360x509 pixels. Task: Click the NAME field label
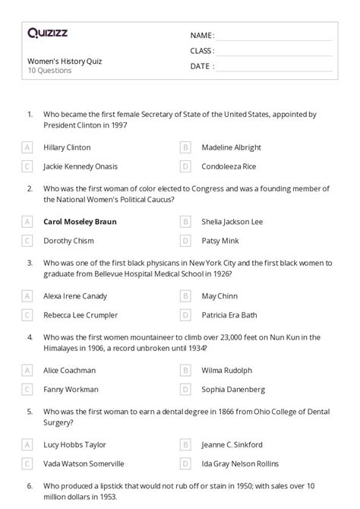tap(201, 36)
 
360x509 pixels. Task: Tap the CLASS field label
tap(202, 51)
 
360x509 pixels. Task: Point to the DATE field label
tap(201, 66)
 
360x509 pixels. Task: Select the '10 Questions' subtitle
tap(49, 71)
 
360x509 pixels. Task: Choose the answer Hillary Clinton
tap(67, 147)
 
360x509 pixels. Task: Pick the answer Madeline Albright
tap(231, 147)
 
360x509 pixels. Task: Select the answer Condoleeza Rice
tap(229, 166)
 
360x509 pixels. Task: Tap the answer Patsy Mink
tap(220, 240)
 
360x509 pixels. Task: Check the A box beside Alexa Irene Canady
tap(27, 296)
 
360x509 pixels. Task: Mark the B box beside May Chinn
tap(185, 296)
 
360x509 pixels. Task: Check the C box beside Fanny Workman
tap(27, 389)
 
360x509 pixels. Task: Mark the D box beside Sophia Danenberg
tap(185, 389)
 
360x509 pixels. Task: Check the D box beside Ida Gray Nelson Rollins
tap(185, 463)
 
